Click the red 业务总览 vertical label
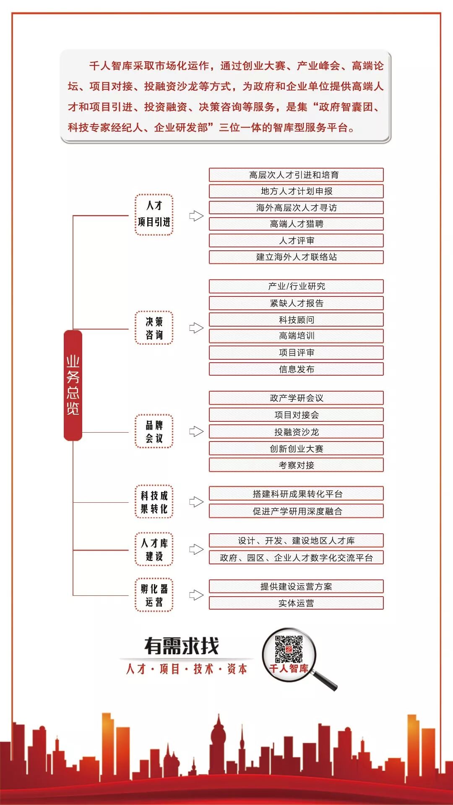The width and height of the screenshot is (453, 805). coord(73,385)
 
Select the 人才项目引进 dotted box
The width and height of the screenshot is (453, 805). coord(154,214)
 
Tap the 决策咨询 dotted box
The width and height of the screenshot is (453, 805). coord(154,328)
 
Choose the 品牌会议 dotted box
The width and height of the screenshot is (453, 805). coord(154,431)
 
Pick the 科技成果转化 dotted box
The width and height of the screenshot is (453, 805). coord(154,502)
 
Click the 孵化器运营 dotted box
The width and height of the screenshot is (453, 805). coord(154,595)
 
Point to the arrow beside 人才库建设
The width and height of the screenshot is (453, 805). coord(196,549)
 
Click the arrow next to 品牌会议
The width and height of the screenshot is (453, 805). coord(196,431)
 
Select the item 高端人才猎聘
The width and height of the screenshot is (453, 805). coord(296,224)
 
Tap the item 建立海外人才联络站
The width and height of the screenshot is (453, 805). coord(296,257)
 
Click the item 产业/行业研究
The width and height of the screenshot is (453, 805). coord(296,286)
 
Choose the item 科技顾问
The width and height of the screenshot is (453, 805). coord(296,320)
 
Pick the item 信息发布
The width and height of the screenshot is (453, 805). coord(296,369)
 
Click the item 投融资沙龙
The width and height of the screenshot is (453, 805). coord(296,432)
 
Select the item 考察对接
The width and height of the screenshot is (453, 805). coord(296,465)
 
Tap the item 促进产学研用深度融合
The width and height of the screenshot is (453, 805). coord(296,511)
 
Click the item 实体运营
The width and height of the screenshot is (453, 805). coord(296,603)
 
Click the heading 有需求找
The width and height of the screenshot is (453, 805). coord(182,646)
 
